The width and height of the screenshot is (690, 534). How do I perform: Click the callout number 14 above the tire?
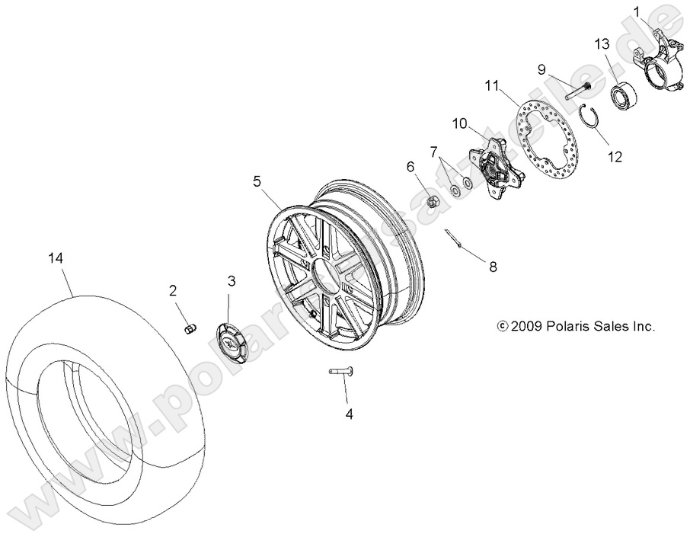tap(54, 259)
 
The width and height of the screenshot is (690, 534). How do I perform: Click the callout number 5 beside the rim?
tap(257, 181)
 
